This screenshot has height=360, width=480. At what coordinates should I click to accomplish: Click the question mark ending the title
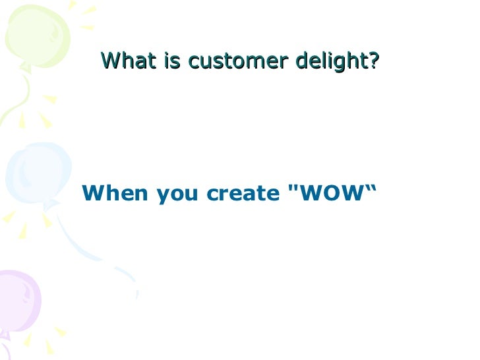[374, 61]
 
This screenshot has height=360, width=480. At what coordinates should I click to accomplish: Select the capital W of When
[93, 194]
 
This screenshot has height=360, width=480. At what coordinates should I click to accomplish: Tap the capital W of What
[109, 61]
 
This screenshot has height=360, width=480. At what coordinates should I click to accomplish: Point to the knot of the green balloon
[24, 67]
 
